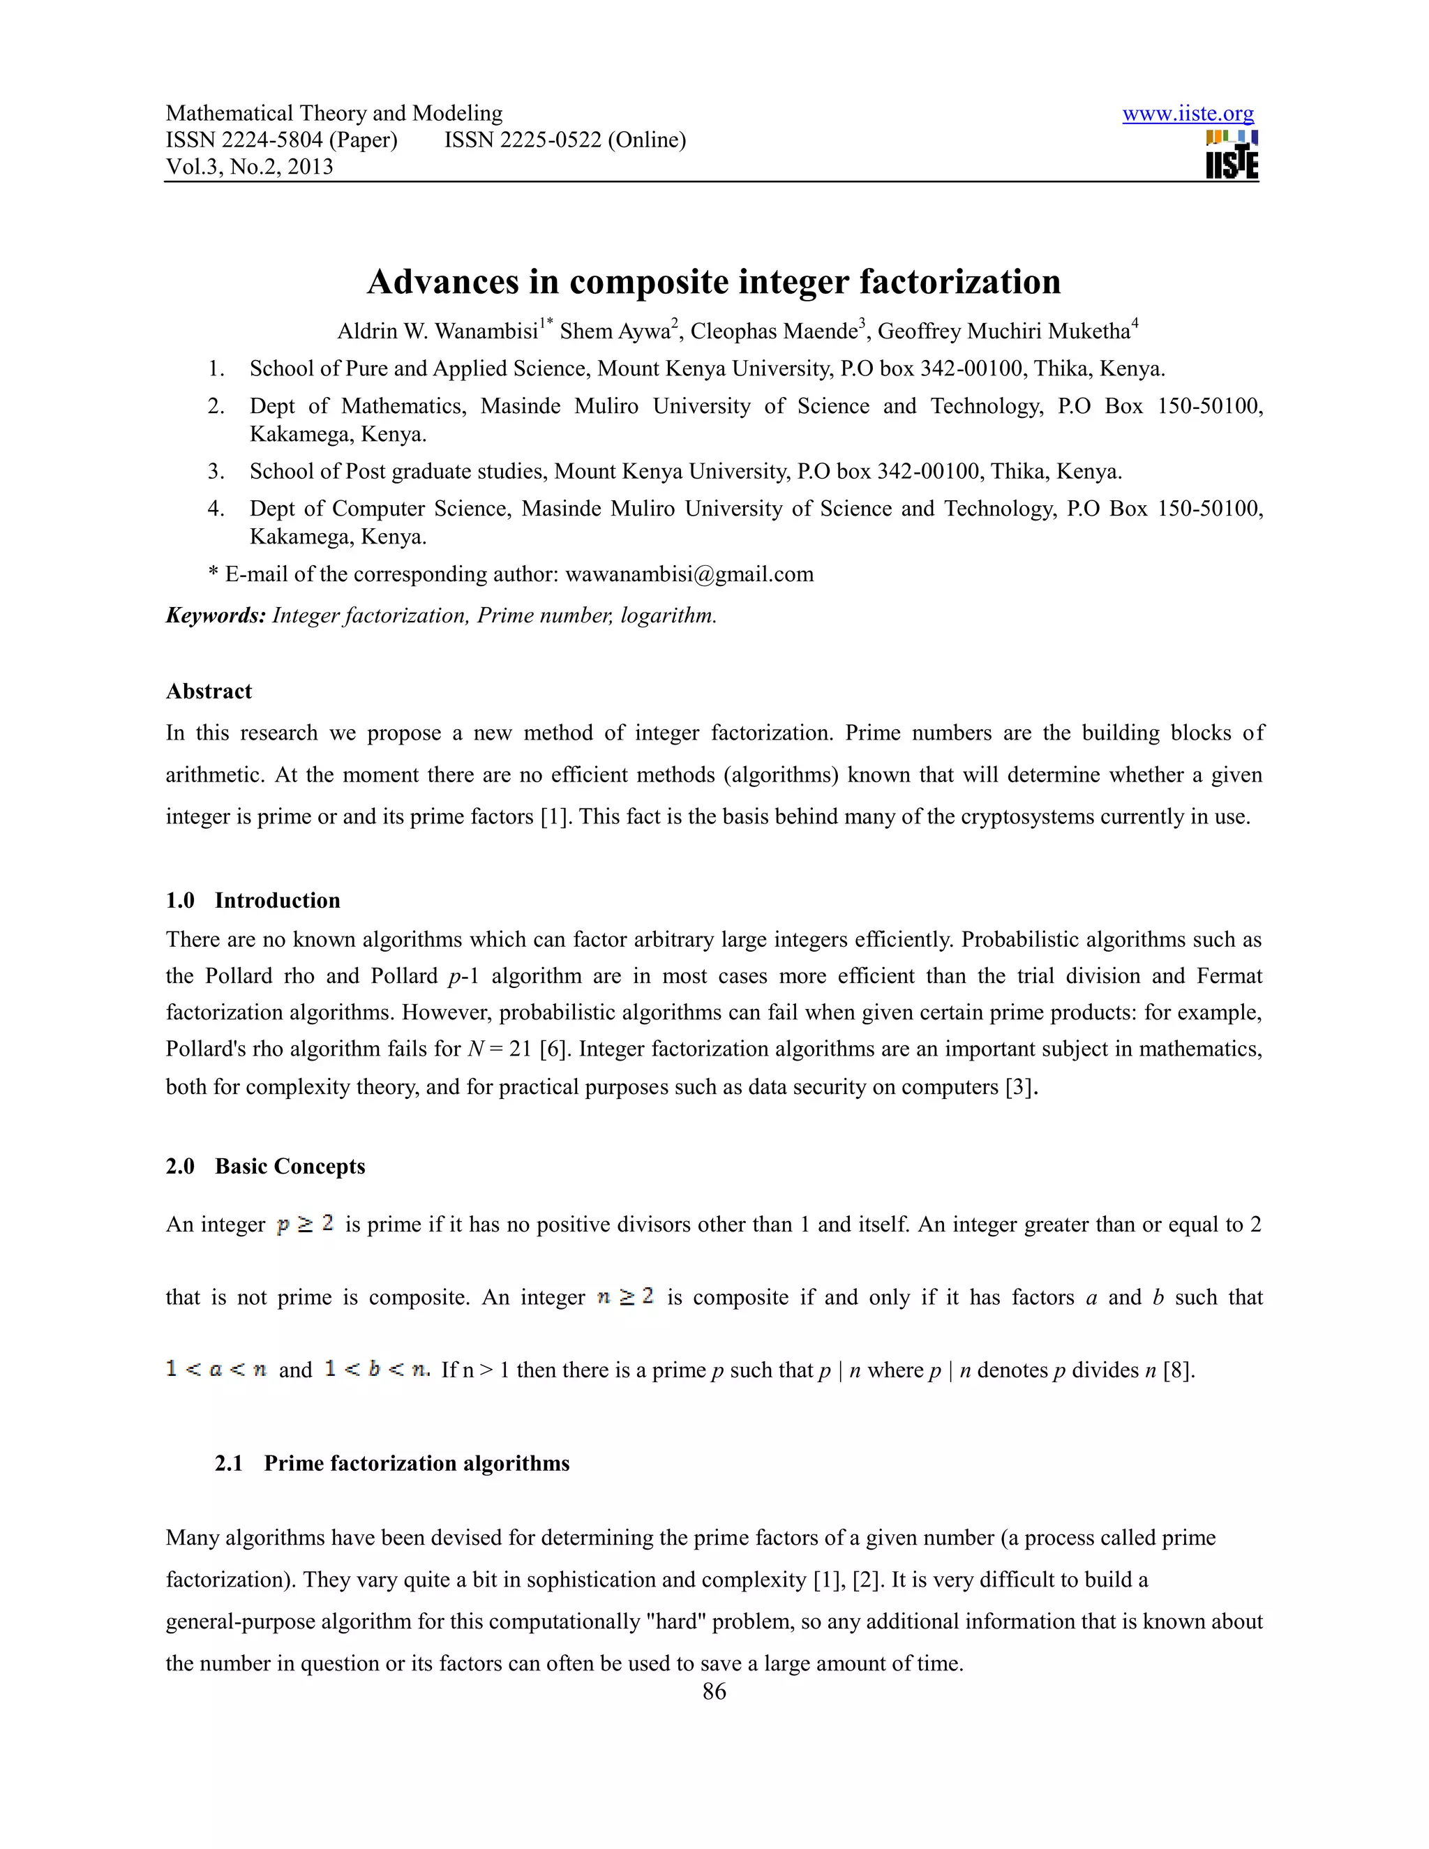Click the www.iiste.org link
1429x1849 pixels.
pos(1187,114)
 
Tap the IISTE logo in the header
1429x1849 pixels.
pos(1232,155)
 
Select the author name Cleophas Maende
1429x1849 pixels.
pos(774,331)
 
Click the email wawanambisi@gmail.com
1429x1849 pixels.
pos(689,574)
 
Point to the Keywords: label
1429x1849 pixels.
pos(216,615)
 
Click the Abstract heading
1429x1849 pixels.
pos(208,691)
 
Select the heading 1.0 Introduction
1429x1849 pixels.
pos(253,900)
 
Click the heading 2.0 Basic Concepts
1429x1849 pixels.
pos(265,1166)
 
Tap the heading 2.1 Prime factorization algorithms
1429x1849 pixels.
pos(392,1463)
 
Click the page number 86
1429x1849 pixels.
pos(714,1691)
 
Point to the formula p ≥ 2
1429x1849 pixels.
pos(305,1225)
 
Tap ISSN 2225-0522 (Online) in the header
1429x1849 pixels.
pos(564,140)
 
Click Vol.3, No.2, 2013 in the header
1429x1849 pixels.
pos(249,167)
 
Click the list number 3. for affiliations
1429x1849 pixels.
pos(216,472)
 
